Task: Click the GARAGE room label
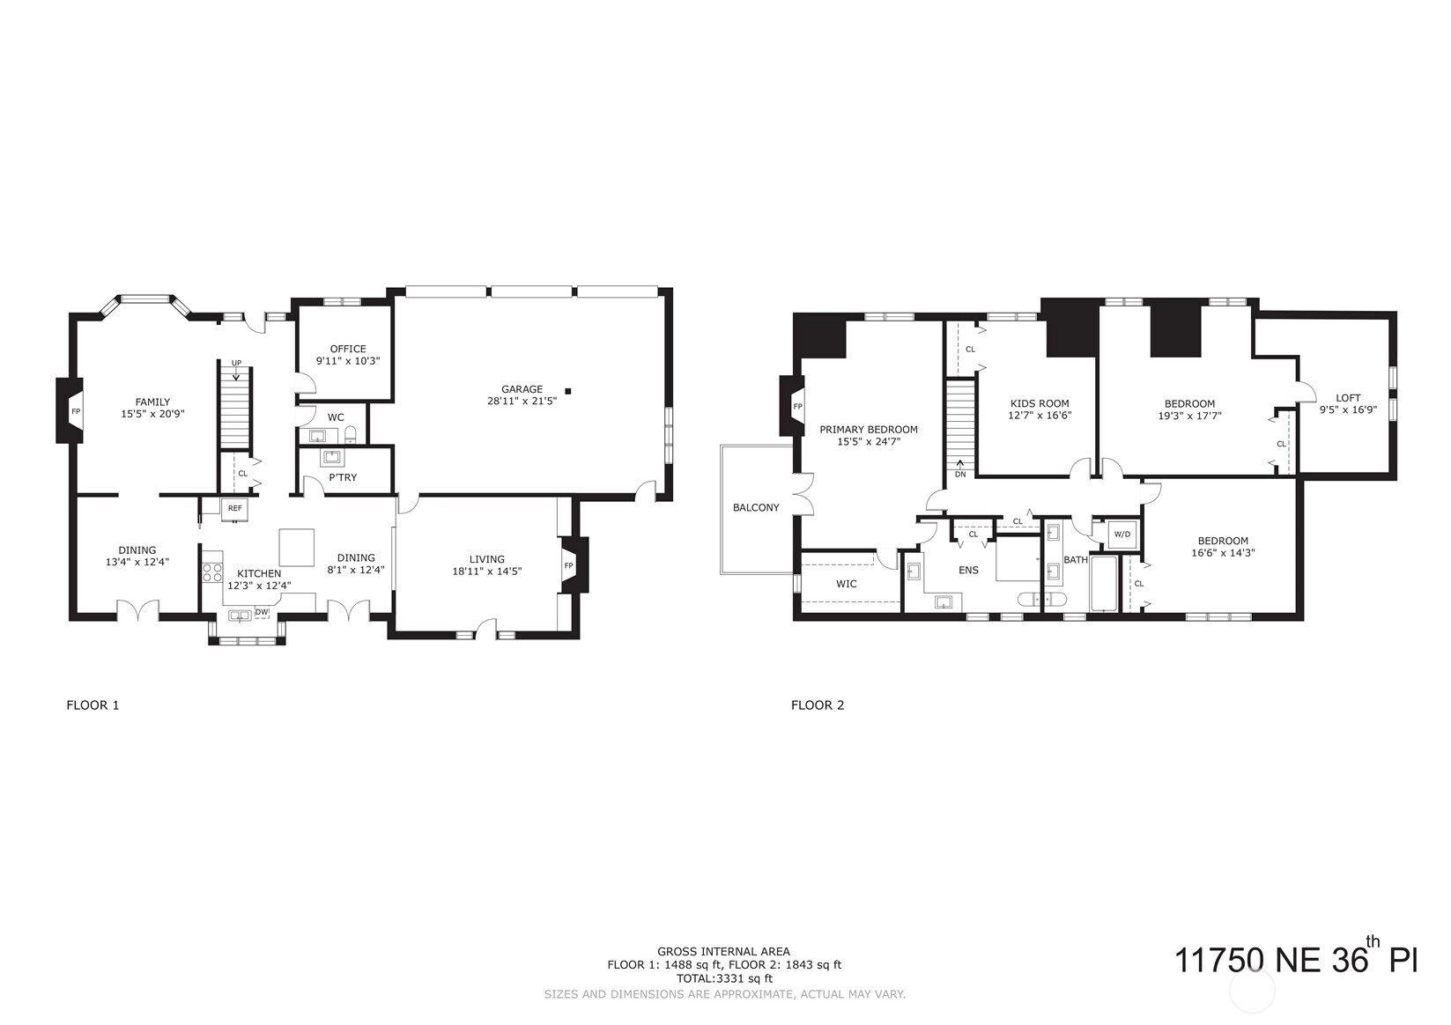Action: tap(522, 389)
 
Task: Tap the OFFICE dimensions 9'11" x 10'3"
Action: tap(348, 361)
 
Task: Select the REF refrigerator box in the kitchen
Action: tap(234, 508)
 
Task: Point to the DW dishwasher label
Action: tap(262, 612)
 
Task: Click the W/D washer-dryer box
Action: tap(1122, 535)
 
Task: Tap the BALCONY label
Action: tap(756, 507)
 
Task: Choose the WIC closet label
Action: tap(846, 584)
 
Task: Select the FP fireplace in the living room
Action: tap(574, 564)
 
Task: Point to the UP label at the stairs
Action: tap(236, 363)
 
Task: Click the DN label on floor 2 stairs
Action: tap(960, 474)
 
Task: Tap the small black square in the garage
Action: tap(568, 391)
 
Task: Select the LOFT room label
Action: tap(1348, 397)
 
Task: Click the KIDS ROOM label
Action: tap(1040, 403)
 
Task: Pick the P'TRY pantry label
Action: tap(343, 477)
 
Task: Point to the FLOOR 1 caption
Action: tap(93, 705)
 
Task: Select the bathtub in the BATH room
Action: tap(1104, 584)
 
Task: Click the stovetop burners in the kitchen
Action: tap(211, 572)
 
